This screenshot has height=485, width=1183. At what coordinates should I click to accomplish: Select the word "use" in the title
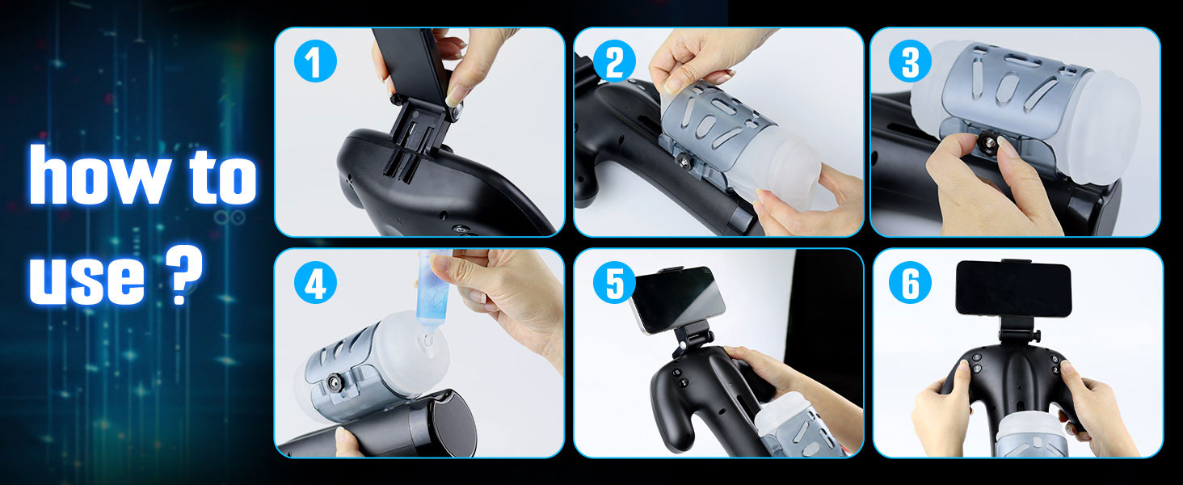(86, 277)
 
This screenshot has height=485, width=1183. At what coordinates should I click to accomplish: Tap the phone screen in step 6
(1013, 289)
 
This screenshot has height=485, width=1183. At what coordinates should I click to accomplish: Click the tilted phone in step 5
(678, 299)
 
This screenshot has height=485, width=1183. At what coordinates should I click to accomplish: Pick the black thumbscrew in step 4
(335, 382)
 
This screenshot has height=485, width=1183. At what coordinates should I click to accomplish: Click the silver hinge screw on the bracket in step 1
(456, 110)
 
